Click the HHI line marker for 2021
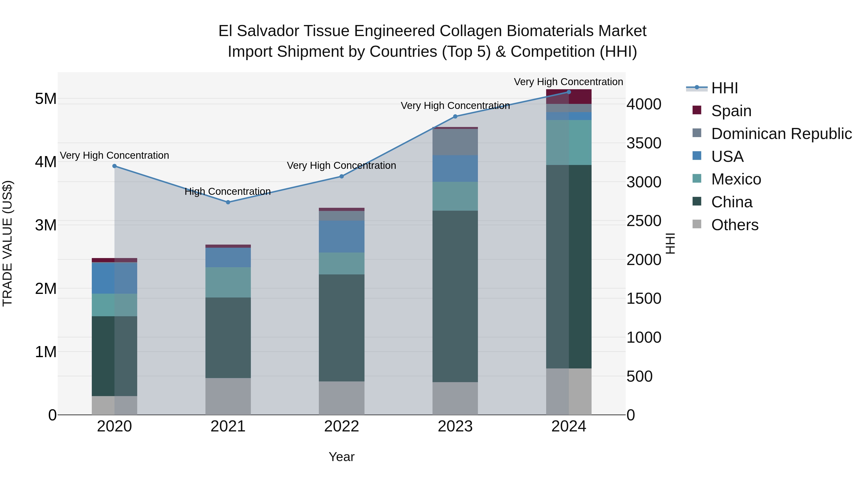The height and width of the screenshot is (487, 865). tap(228, 202)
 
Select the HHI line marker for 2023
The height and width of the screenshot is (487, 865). tap(455, 117)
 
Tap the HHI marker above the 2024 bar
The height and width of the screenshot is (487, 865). tap(568, 92)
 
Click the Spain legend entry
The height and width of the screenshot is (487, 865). tap(731, 111)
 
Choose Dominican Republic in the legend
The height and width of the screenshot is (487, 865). tap(781, 134)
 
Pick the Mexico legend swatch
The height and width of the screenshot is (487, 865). tap(697, 179)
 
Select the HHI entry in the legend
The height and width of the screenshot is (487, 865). tap(724, 88)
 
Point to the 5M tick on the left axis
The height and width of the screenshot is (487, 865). tap(46, 99)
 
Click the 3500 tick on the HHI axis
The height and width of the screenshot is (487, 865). tap(644, 143)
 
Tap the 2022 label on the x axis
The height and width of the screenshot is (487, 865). tap(341, 426)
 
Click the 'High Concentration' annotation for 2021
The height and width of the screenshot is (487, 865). tap(228, 192)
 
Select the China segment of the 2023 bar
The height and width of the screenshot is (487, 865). tap(455, 296)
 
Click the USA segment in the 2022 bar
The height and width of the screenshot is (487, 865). tap(341, 236)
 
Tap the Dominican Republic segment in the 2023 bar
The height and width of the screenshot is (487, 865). tap(455, 142)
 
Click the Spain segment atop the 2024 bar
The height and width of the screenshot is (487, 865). tap(568, 97)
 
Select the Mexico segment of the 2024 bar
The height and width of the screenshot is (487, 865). tap(568, 143)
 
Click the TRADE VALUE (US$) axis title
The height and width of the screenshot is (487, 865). tap(7, 243)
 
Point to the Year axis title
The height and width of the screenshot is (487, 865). tap(341, 457)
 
